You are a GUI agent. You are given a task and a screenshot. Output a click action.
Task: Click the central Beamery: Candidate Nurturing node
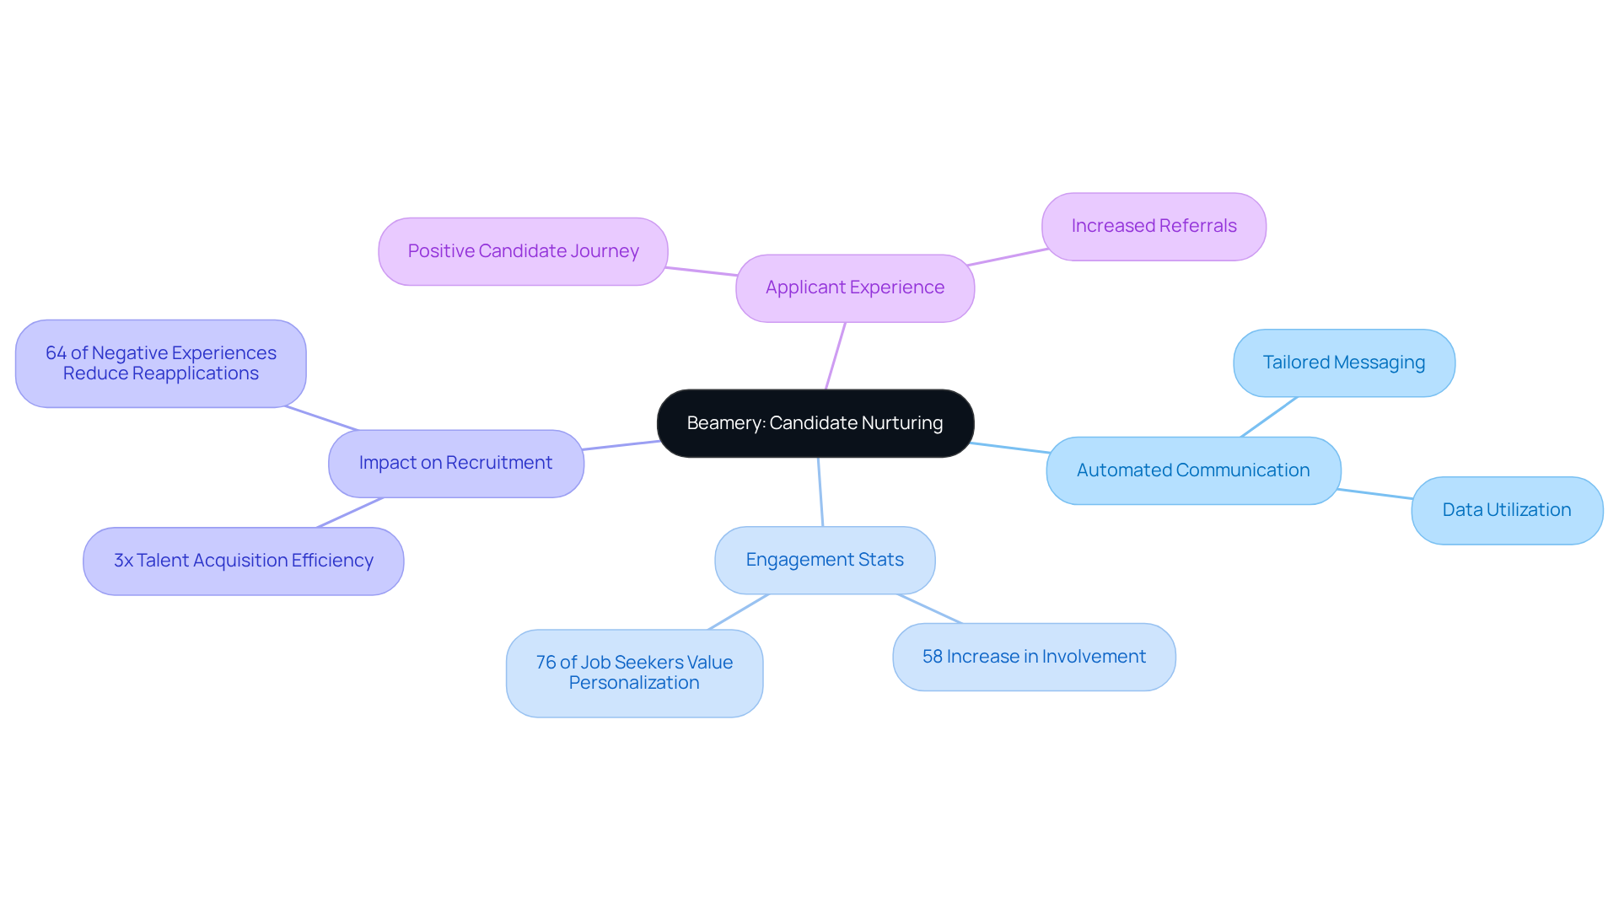coord(815,423)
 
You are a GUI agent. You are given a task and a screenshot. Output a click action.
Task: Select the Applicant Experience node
coord(854,288)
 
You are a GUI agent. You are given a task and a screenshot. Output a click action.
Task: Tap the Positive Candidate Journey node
coord(523,251)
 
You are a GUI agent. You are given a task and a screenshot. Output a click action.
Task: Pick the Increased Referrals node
coord(1153,227)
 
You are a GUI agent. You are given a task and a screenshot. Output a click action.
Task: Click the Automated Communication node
coord(1192,470)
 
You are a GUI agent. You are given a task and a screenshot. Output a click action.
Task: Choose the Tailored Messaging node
coord(1343,363)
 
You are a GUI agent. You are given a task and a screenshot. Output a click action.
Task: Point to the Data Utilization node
coord(1506,510)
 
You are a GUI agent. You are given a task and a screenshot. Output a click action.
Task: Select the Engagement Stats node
coord(824,560)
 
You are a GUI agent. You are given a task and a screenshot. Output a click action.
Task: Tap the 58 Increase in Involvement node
coord(1033,657)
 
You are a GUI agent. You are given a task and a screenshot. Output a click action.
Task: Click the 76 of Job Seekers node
coord(634,673)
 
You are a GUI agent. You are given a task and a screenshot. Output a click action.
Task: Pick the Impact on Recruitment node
coord(455,463)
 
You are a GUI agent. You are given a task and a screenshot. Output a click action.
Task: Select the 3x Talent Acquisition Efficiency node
coord(243,561)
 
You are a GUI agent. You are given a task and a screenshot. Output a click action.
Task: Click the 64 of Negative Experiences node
coord(160,363)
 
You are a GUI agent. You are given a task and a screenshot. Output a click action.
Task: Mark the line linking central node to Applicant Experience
coord(836,356)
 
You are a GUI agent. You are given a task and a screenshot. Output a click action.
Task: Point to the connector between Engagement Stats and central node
coord(820,492)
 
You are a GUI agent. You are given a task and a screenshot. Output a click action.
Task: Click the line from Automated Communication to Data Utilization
coord(1374,494)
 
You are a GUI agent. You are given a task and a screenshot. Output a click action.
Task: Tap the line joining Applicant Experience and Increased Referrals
coord(1008,257)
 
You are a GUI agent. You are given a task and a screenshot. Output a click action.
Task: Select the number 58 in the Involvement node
coord(932,657)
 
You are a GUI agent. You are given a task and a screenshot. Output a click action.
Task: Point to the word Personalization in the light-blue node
coord(634,683)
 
